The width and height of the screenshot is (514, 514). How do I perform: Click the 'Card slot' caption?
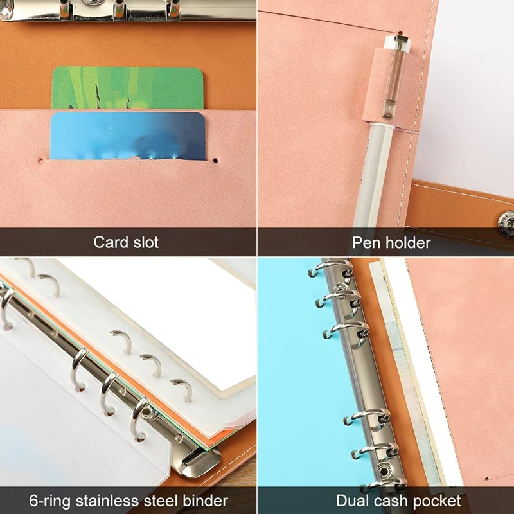click(126, 242)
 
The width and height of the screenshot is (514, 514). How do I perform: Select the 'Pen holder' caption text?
click(391, 242)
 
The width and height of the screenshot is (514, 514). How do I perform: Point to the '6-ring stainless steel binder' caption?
click(128, 501)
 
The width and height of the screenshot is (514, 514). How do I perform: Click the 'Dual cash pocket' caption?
click(398, 501)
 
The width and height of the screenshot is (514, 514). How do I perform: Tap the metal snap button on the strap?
click(506, 220)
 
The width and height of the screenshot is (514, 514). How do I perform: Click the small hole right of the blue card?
click(217, 157)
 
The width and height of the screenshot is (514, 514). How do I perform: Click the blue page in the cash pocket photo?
click(289, 385)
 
